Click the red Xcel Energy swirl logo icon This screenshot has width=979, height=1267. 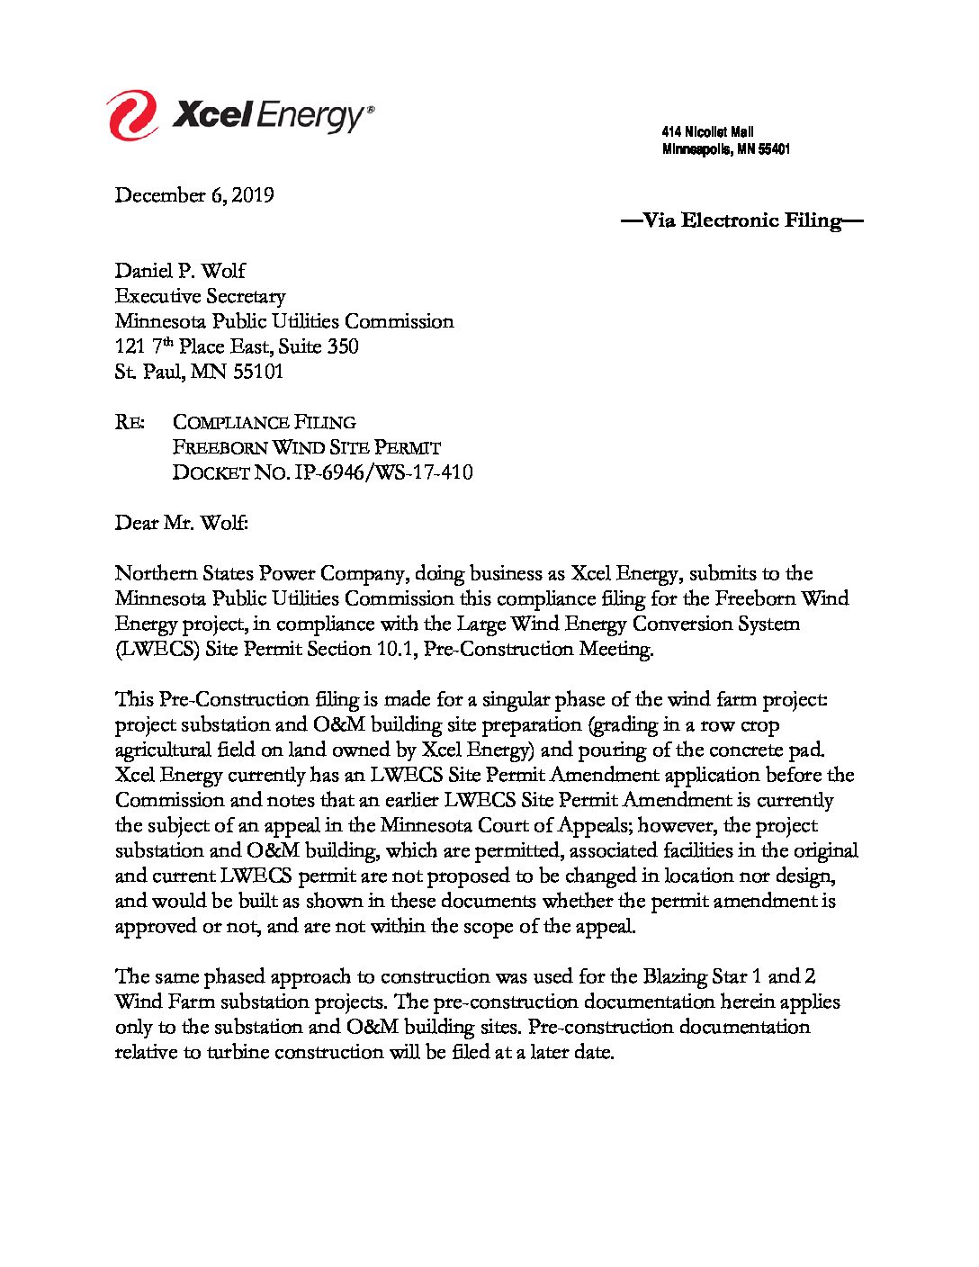click(132, 115)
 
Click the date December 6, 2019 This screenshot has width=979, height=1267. click(194, 195)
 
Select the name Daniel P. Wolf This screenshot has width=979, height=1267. click(180, 271)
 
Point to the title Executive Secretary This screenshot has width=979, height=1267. click(200, 296)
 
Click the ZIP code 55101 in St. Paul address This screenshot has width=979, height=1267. click(257, 372)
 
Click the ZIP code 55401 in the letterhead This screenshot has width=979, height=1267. click(774, 149)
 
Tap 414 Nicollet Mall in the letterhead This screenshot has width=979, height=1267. click(707, 132)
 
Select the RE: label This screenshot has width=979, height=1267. click(130, 422)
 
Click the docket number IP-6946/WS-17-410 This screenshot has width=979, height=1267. click(383, 472)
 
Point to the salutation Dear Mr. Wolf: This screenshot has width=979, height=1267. click(181, 523)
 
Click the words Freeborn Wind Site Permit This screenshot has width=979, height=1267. click(306, 447)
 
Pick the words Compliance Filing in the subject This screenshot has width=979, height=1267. click(264, 422)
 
